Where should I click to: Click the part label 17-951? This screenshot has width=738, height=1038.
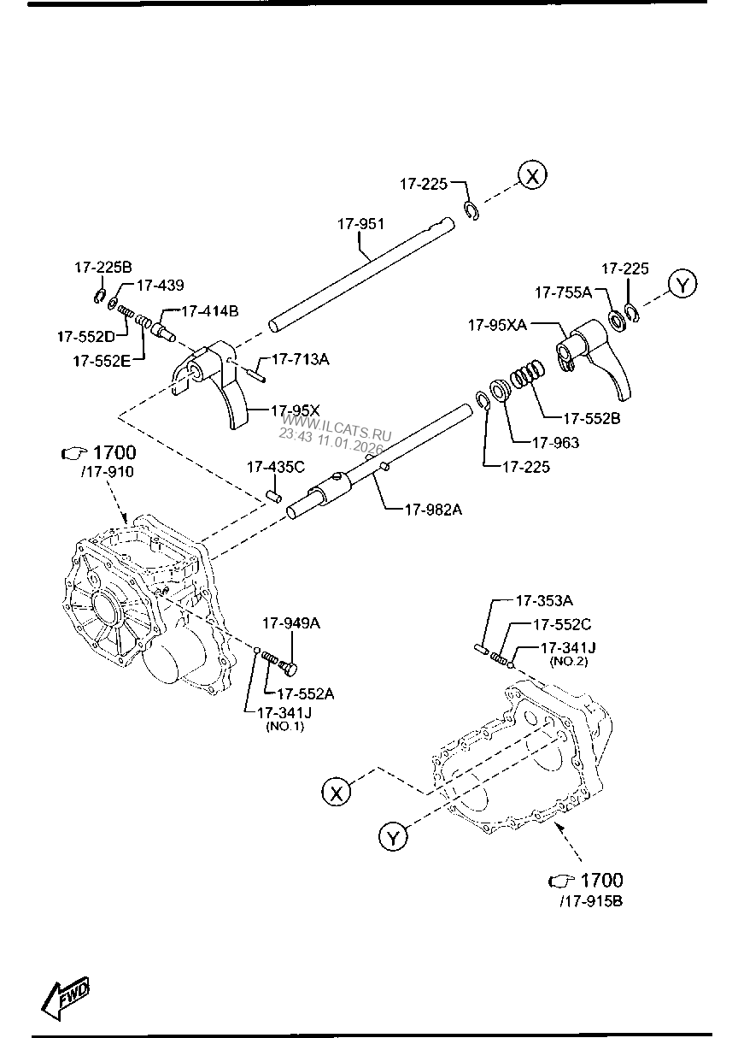click(x=360, y=224)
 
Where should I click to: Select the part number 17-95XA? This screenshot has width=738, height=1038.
click(x=496, y=325)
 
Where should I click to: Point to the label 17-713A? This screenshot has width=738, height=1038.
click(x=300, y=359)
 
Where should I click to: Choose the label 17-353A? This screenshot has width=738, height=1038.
click(x=543, y=601)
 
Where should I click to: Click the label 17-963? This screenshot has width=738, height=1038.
click(x=555, y=443)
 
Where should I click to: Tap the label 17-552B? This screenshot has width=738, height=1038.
click(x=591, y=419)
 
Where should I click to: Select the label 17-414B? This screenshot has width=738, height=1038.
click(x=209, y=310)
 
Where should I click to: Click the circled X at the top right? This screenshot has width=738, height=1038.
click(x=532, y=177)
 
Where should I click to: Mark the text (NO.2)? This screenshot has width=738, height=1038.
click(x=570, y=662)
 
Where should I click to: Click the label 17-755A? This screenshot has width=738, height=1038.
click(x=564, y=292)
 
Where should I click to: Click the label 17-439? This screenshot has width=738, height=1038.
click(x=160, y=286)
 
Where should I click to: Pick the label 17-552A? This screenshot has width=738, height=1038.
click(x=305, y=694)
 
